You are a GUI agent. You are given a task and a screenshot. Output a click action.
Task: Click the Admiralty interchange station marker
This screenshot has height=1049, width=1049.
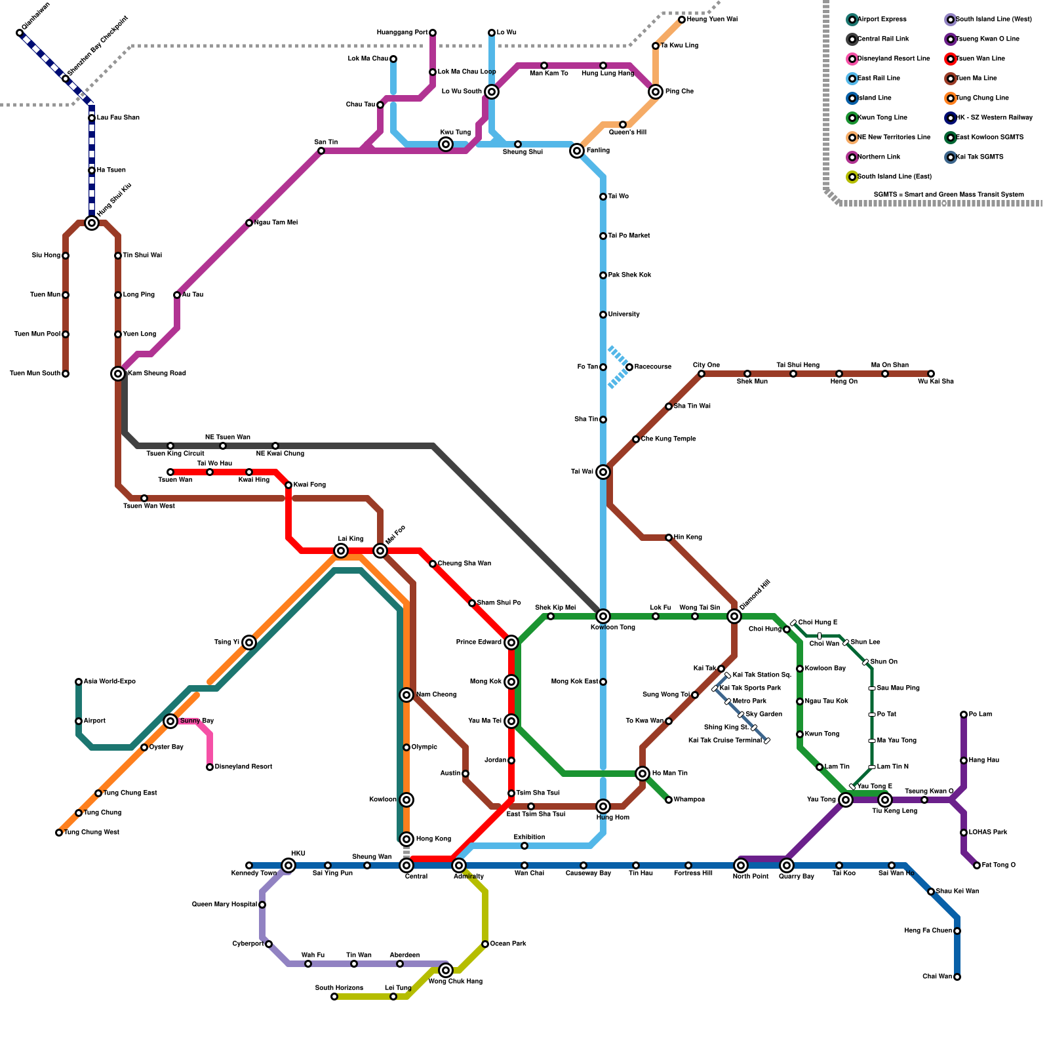(x=459, y=865)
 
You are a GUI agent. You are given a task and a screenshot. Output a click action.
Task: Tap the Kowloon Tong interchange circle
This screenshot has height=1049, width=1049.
(x=603, y=616)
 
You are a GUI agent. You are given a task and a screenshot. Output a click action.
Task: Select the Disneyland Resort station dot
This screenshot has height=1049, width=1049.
(x=210, y=767)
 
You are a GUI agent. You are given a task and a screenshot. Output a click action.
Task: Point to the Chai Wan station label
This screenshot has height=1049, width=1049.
(x=937, y=977)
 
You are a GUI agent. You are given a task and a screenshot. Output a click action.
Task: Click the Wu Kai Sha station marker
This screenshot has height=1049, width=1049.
(x=931, y=374)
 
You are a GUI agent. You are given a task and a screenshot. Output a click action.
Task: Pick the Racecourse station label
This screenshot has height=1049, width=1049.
(x=652, y=367)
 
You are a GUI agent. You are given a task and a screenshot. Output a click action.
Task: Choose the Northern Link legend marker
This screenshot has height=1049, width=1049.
(x=852, y=157)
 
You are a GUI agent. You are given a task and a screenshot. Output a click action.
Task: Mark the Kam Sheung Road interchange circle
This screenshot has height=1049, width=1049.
(x=118, y=374)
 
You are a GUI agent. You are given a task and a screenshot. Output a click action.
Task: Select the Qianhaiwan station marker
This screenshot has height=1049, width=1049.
(x=20, y=33)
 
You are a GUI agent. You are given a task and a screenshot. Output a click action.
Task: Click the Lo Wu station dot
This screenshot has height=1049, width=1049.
(x=492, y=33)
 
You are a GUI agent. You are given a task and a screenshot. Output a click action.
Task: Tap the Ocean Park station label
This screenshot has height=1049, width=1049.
(x=508, y=944)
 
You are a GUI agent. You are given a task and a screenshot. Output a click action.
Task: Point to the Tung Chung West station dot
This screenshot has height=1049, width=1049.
(x=59, y=833)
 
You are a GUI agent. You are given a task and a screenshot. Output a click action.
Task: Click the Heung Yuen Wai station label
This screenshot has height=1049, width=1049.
(x=712, y=20)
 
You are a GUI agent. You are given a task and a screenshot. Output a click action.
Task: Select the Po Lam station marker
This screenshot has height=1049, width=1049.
(x=964, y=715)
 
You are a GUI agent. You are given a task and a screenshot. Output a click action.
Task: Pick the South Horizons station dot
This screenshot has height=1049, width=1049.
(x=334, y=997)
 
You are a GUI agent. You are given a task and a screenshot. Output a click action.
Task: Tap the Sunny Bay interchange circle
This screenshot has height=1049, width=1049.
(x=170, y=721)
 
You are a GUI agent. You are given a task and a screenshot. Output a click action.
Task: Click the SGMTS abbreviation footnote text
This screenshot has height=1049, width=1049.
(x=949, y=195)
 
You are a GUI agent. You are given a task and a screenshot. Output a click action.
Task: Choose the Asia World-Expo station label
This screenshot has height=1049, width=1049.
(x=109, y=682)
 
